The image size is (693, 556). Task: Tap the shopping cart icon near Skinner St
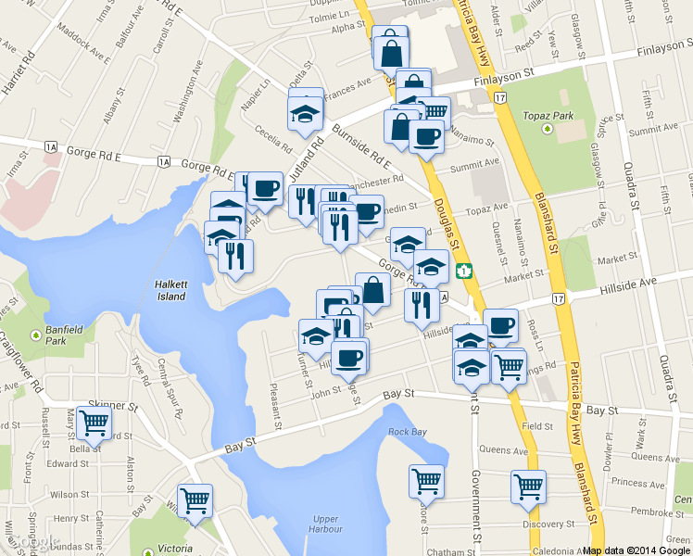point(94,423)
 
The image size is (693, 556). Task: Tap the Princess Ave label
point(637,483)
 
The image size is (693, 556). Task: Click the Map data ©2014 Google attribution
point(636,550)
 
